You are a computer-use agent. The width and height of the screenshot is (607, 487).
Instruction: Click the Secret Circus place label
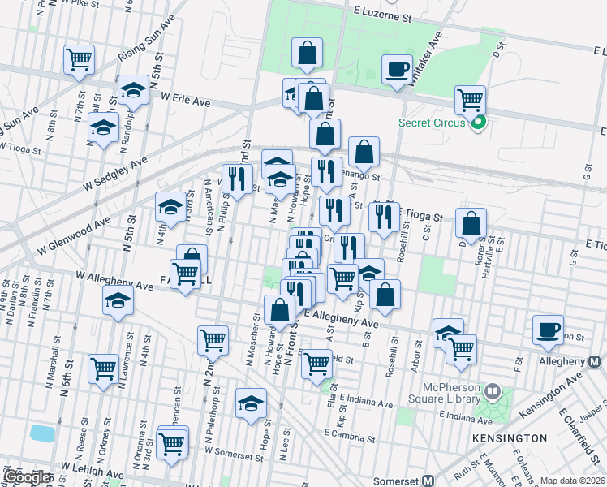coord(431,123)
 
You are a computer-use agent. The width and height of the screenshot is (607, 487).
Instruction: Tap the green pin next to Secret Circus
coord(478,123)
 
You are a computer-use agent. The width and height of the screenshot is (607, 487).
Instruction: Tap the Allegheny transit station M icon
coord(595,360)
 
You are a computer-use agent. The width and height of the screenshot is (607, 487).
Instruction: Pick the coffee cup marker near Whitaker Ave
coord(398,69)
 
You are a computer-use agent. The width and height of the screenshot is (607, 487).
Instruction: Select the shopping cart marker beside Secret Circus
coord(470,100)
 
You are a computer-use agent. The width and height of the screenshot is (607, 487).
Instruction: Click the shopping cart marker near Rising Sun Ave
coord(80,58)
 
